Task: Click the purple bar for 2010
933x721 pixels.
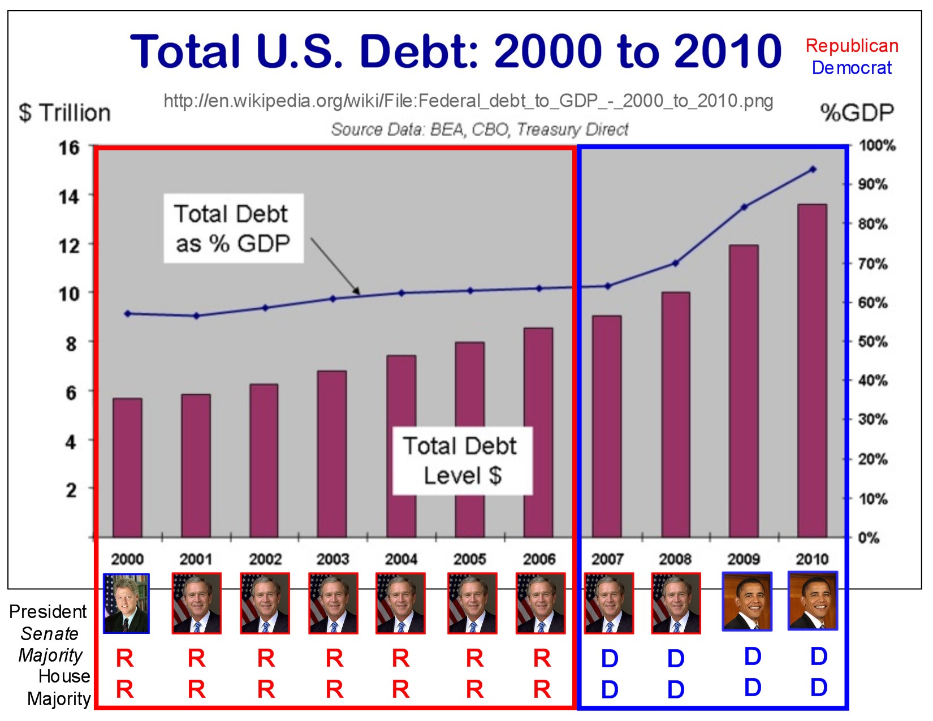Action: (812, 370)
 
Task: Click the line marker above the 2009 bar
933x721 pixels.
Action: (744, 207)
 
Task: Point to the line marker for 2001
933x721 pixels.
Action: (196, 316)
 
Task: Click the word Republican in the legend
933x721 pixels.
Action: (852, 46)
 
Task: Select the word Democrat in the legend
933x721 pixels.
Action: (852, 68)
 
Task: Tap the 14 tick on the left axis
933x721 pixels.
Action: (69, 197)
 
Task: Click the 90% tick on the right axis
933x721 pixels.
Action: (872, 184)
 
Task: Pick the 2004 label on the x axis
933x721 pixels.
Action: (401, 559)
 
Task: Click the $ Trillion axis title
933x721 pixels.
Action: (64, 113)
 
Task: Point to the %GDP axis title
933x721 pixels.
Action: (857, 113)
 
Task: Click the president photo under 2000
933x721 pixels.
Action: (126, 603)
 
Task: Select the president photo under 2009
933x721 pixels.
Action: (747, 602)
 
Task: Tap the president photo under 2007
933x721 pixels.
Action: (609, 603)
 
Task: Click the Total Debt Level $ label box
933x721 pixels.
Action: (462, 461)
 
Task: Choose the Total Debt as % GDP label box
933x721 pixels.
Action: (233, 228)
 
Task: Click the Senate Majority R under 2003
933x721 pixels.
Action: (334, 658)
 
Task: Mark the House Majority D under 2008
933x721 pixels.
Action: (676, 689)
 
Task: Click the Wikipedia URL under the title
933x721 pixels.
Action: (468, 101)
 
